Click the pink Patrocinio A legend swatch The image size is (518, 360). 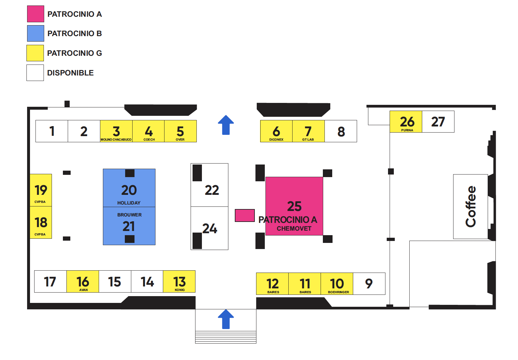35,14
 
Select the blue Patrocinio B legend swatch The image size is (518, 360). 35,34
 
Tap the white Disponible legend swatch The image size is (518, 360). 35,73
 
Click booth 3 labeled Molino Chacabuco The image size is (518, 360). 116,131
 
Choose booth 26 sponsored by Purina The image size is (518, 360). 406,122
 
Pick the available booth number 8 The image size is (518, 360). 341,131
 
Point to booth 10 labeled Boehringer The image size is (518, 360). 337,284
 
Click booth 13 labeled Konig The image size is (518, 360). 179,282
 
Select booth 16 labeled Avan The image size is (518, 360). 83,282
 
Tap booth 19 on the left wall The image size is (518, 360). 41,190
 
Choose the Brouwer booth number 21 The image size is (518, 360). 129,226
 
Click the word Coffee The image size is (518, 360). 471,206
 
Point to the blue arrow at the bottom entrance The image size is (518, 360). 226,319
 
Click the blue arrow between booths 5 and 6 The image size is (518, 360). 226,125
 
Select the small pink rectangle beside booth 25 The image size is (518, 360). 245,215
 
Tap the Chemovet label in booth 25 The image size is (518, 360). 294,229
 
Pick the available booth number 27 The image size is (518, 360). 438,122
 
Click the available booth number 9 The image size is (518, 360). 369,284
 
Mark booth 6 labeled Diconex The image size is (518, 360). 276,131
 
